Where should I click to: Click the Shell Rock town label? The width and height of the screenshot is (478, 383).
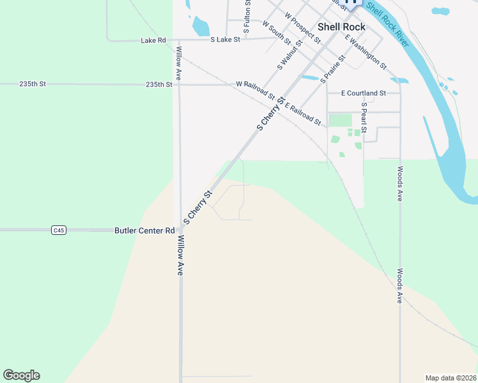coord(341,27)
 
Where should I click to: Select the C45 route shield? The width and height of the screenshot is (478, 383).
coord(59,230)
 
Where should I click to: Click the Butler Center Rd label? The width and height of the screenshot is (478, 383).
coord(144,230)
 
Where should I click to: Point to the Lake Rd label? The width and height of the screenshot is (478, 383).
coord(153,40)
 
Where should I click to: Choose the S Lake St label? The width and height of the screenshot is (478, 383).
coord(225,40)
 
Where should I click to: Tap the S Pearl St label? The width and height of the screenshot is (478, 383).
coord(364,117)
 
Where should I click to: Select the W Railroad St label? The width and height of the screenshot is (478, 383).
coord(255,91)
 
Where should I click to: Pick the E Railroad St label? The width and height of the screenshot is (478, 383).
coord(303,114)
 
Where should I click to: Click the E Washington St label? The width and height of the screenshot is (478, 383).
coord(366,52)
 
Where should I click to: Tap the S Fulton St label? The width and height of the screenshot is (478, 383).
coord(247,17)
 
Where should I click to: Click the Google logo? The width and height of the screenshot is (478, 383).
coord(21,375)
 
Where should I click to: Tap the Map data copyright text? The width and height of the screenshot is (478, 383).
coord(450,377)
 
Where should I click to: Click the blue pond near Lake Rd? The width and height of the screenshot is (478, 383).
coord(201,26)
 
